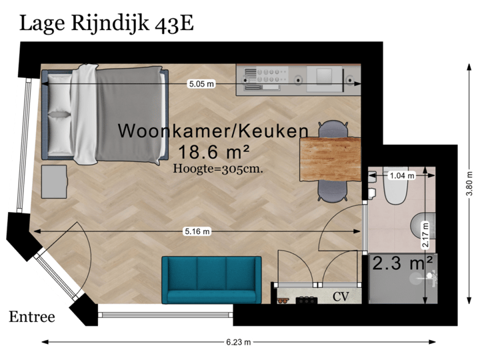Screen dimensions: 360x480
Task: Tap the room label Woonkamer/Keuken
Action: (x=213, y=131)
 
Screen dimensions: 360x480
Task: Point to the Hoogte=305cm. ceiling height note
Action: (x=218, y=169)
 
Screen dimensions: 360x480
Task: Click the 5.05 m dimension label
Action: (x=201, y=84)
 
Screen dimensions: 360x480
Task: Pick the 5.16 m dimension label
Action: (x=197, y=231)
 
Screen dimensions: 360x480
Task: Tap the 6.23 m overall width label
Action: (x=239, y=342)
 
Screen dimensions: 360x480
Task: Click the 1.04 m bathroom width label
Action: (x=401, y=176)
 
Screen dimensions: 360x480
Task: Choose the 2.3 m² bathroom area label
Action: (x=403, y=263)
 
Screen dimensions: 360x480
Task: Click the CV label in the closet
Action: (x=341, y=295)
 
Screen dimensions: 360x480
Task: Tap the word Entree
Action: (x=31, y=317)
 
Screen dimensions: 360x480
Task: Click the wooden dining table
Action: (x=330, y=159)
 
